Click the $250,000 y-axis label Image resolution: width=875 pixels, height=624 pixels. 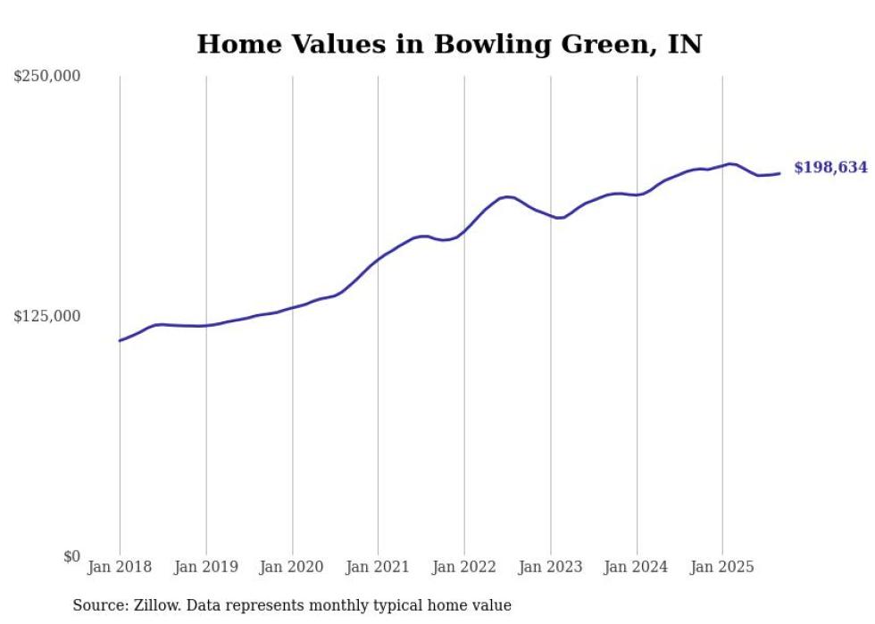point(46,77)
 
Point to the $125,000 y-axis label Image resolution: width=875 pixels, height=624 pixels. point(46,316)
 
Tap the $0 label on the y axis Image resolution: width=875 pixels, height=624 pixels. point(71,556)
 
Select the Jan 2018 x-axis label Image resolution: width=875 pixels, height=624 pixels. point(120,567)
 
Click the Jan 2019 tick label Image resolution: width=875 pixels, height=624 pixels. point(206,567)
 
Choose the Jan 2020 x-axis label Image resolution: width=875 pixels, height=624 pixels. point(292,567)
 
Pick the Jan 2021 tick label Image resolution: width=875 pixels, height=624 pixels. point(379,567)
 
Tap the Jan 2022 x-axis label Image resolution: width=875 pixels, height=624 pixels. point(464,567)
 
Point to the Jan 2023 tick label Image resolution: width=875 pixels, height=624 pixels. point(551,567)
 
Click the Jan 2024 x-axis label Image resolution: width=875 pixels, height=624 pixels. point(637,567)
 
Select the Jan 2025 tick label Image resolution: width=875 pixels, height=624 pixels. point(722,567)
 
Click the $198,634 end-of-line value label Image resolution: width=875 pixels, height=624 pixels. point(830,168)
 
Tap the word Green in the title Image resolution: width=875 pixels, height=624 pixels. point(606,45)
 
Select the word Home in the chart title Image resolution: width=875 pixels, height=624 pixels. point(234,45)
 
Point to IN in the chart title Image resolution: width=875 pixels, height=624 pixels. point(685,45)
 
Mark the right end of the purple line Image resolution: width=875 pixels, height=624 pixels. point(780,173)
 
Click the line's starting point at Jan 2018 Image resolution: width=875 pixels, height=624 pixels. point(120,340)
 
